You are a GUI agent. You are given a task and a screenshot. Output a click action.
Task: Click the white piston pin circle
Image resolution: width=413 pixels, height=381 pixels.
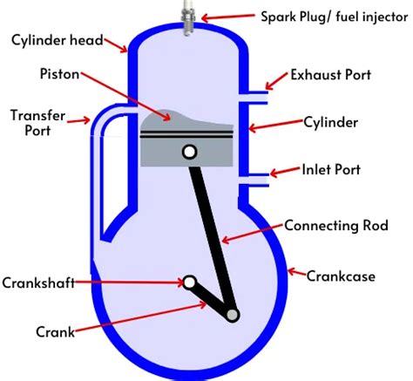click(x=188, y=153)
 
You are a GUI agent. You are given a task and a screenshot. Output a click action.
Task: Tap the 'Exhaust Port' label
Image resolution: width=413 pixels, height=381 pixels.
click(x=342, y=76)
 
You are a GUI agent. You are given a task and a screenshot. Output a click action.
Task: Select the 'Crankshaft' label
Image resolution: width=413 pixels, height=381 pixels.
click(x=39, y=282)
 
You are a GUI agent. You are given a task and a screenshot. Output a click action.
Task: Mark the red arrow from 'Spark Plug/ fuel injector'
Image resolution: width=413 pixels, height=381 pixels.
click(x=222, y=15)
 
